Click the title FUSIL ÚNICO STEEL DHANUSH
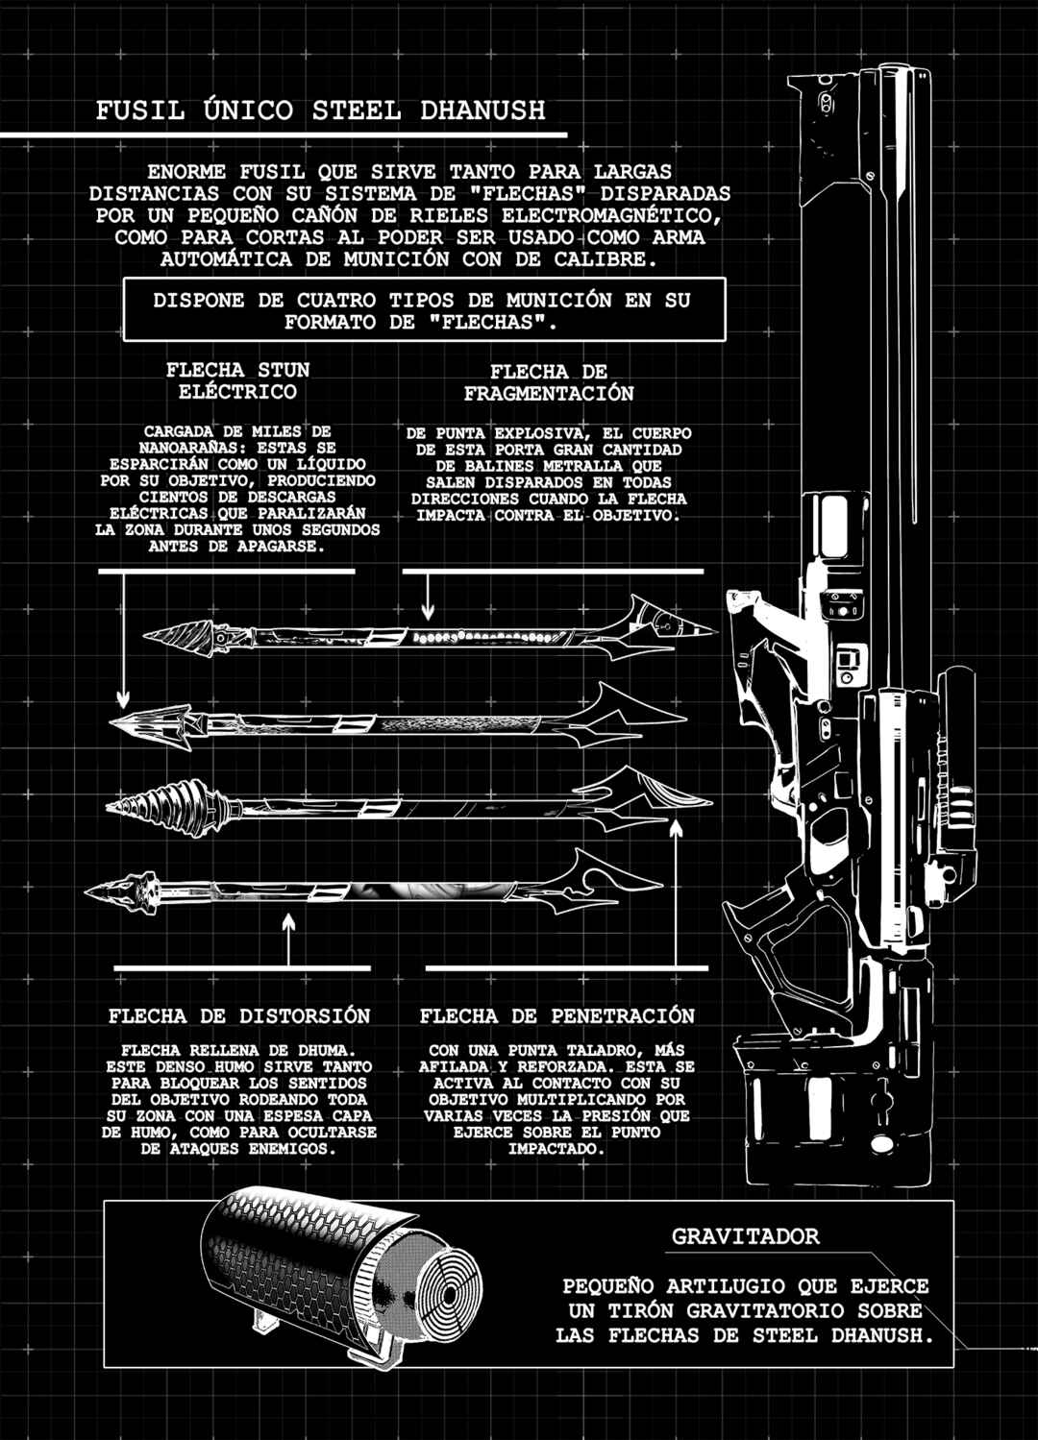pos(320,110)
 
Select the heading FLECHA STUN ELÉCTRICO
pos(237,380)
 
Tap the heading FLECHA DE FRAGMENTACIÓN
pos(549,382)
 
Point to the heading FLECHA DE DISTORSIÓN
pos(239,1016)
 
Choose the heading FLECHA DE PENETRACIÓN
pos(557,1016)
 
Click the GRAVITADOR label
pos(745,1236)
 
